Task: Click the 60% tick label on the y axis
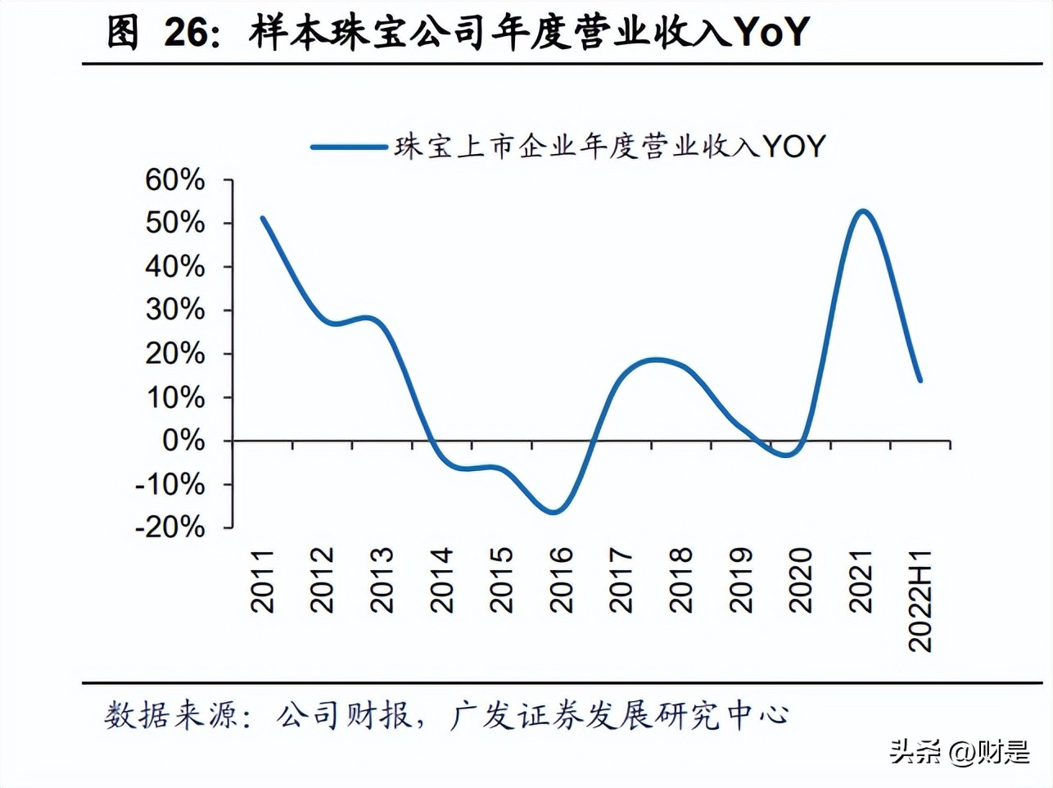point(174,180)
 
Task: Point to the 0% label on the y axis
point(183,441)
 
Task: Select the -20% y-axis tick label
point(169,528)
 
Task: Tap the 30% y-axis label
point(174,310)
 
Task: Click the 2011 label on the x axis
point(263,581)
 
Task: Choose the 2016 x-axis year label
point(562,581)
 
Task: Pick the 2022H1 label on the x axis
point(921,600)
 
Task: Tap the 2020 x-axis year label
point(801,581)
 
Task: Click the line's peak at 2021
point(862,211)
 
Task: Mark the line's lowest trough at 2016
point(554,513)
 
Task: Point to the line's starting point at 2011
point(262,218)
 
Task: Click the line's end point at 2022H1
point(920,380)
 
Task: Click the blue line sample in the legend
point(349,147)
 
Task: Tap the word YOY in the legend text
point(794,147)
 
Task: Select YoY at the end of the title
point(770,33)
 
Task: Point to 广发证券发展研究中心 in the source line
point(619,715)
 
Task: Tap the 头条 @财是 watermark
point(960,752)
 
